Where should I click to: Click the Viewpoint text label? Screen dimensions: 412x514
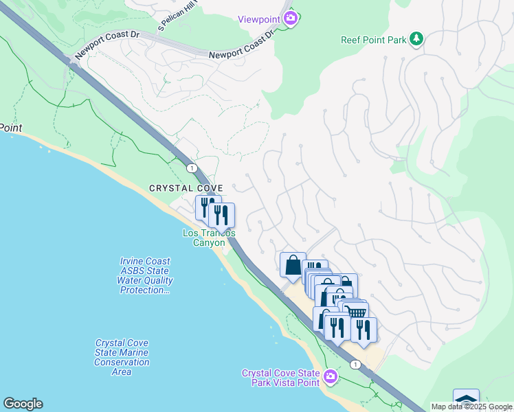(260, 19)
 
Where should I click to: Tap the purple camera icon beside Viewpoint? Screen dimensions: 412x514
(291, 19)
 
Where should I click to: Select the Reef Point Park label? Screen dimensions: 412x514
(374, 40)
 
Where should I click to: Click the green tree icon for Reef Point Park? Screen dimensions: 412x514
(416, 39)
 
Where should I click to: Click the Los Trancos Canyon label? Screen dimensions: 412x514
(208, 238)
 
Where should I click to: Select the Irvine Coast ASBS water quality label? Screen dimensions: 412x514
(145, 275)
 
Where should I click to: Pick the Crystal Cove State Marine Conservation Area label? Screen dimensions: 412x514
(122, 357)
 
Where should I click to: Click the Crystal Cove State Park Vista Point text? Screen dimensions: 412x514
(281, 378)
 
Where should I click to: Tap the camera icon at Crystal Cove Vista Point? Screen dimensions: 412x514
(331, 376)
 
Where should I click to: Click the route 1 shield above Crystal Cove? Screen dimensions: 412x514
(191, 168)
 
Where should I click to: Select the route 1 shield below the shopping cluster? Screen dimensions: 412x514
(355, 365)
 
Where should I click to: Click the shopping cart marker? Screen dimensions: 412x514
(357, 313)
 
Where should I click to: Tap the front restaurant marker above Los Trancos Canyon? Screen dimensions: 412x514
(221, 215)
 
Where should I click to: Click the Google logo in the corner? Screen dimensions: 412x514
(23, 404)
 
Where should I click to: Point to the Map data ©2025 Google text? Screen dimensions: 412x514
(471, 407)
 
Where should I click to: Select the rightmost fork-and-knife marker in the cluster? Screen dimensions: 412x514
(364, 329)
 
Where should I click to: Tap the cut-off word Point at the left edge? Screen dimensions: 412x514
(11, 128)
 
